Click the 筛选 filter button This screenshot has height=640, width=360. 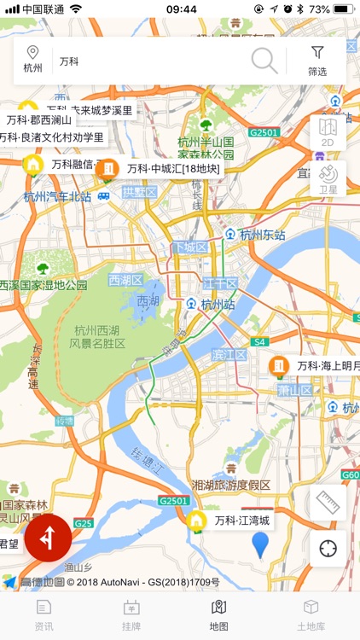pos(317,61)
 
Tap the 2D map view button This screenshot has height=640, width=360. pos(328,132)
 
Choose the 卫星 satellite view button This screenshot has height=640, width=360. pos(328,178)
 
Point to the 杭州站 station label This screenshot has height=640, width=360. pos(218,304)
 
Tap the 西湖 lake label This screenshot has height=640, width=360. pos(148,301)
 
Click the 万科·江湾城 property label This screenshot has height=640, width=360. pos(241,520)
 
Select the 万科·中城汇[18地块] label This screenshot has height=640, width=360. pos(173,169)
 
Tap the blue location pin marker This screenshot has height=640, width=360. pos(260,544)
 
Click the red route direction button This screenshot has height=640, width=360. pos(48,538)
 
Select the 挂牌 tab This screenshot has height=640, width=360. pos(131,614)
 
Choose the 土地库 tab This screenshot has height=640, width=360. pos(311,614)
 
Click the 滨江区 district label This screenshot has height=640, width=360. pos(229,354)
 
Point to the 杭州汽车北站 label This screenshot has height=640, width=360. pos(57,196)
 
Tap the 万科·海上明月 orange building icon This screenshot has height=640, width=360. pos(278,366)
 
